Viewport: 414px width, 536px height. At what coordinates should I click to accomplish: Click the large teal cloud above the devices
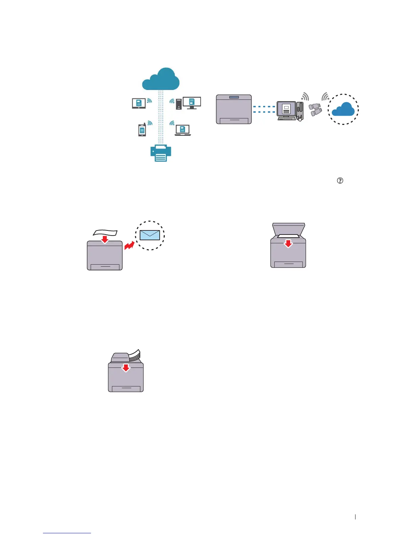(161, 80)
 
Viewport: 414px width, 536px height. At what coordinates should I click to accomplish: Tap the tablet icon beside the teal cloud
(139, 103)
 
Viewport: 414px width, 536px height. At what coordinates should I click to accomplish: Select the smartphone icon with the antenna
(142, 130)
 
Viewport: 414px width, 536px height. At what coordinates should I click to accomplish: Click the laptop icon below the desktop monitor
(183, 130)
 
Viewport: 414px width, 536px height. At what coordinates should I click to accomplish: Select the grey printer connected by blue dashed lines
(234, 109)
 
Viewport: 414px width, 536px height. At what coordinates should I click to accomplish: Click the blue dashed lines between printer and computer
(264, 109)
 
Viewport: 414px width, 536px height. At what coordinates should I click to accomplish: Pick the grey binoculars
(315, 109)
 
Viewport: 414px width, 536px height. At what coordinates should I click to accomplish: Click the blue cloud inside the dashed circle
(343, 109)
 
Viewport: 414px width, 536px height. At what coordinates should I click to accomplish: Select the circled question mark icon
(340, 181)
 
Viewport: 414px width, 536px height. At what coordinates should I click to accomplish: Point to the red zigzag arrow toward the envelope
(129, 245)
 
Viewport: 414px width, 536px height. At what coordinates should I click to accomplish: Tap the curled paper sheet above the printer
(105, 232)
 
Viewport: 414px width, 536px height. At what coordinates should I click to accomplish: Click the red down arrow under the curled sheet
(105, 239)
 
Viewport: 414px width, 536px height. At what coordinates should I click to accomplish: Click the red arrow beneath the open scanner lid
(288, 243)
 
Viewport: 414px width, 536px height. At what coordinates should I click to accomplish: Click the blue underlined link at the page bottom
(67, 533)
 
